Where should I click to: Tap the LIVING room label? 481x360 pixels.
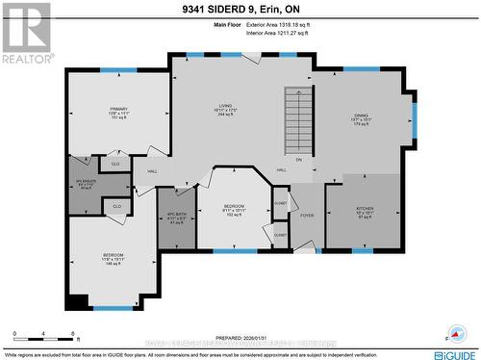[228, 109]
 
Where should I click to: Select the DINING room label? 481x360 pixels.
[360, 116]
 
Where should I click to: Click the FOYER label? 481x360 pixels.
[307, 215]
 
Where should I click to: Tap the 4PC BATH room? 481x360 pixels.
[175, 216]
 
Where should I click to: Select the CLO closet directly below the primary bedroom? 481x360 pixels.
[114, 165]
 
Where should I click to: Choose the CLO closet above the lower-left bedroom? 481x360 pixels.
[117, 206]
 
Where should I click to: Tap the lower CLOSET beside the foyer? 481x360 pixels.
[280, 235]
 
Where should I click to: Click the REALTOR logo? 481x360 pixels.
[26, 34]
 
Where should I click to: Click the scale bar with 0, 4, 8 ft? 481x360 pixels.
[45, 337]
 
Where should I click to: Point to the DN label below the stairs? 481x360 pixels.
[299, 159]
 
